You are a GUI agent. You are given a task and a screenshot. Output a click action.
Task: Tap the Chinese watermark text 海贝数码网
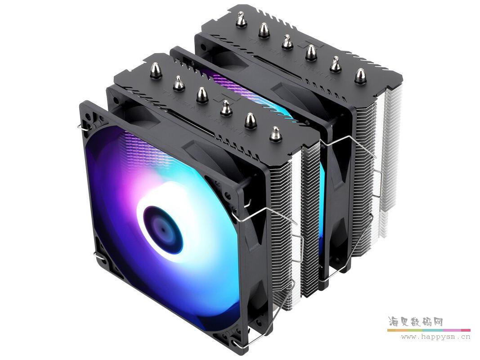point(415,322)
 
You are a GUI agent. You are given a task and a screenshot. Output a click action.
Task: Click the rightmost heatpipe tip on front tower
point(275,134)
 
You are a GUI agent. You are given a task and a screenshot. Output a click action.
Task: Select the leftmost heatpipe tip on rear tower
point(241,19)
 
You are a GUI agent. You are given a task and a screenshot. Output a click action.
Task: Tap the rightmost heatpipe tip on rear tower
point(360,76)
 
